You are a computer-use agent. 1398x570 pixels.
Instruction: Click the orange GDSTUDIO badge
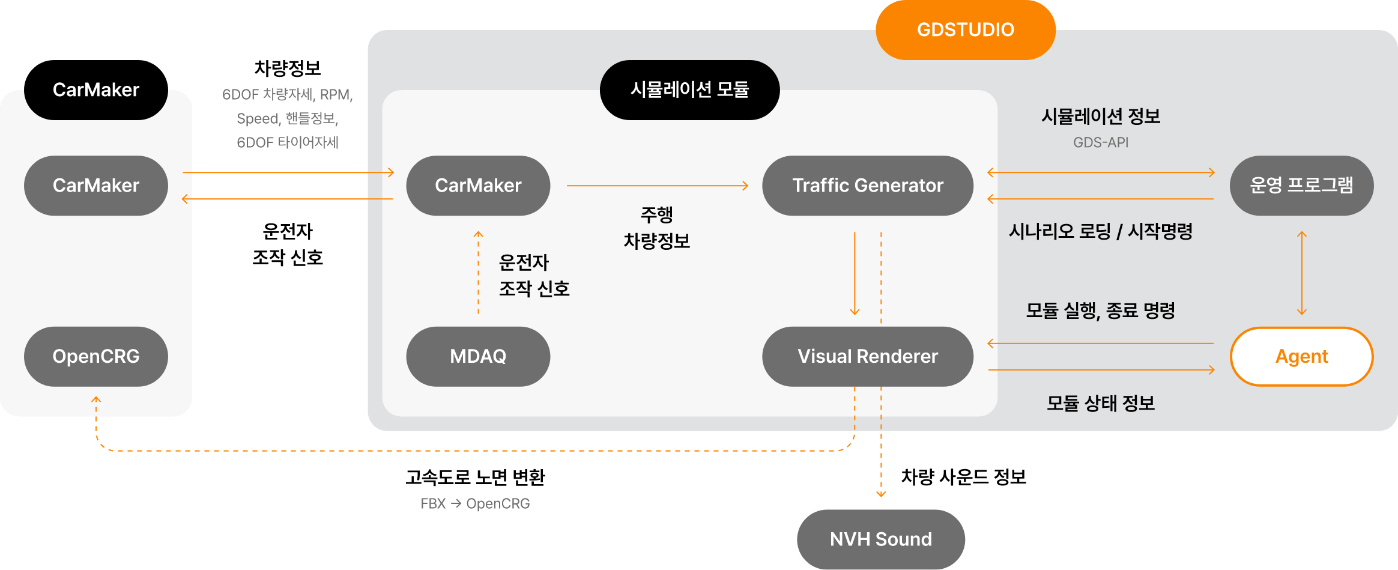(x=965, y=29)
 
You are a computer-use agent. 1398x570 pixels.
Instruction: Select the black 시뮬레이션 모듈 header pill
(x=689, y=89)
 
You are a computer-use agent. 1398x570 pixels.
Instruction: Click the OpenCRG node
(x=96, y=356)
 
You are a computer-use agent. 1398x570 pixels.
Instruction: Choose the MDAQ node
(x=478, y=356)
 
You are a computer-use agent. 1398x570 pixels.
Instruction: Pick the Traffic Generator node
(x=867, y=185)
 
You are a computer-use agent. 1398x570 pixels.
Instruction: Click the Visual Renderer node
(x=867, y=356)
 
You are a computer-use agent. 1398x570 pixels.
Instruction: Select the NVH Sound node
(x=880, y=539)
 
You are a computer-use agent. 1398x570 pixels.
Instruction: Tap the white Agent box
(x=1301, y=356)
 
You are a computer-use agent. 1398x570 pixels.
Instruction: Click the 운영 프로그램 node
(x=1301, y=185)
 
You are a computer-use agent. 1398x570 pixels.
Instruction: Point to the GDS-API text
(x=1101, y=143)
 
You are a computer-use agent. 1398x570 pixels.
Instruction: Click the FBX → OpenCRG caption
(x=475, y=503)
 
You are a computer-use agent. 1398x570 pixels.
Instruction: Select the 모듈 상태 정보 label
(x=1101, y=403)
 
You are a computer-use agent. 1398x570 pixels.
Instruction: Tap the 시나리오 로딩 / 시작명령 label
(x=1101, y=231)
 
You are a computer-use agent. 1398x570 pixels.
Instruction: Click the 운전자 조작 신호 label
(x=533, y=276)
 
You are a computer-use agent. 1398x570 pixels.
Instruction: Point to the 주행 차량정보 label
(x=656, y=228)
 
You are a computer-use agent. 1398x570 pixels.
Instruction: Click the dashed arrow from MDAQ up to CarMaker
(x=478, y=273)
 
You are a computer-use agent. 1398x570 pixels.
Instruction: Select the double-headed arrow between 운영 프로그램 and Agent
(x=1301, y=273)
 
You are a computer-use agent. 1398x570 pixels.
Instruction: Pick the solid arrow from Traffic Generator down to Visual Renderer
(x=855, y=273)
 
